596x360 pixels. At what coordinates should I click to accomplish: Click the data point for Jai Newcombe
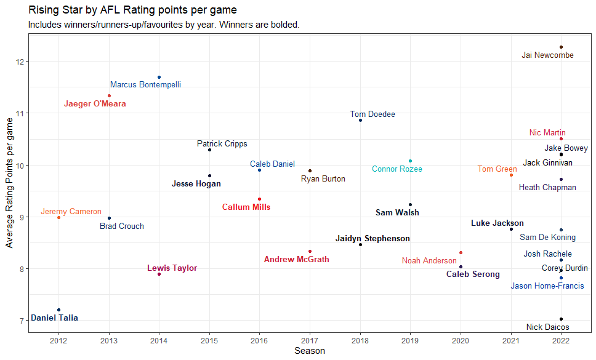pyautogui.click(x=561, y=47)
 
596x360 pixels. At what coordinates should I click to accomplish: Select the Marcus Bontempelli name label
pyautogui.click(x=145, y=85)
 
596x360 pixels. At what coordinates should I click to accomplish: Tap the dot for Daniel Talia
pyautogui.click(x=58, y=310)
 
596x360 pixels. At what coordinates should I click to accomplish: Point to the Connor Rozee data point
pyautogui.click(x=411, y=161)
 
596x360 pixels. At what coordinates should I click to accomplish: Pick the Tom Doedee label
pyautogui.click(x=372, y=114)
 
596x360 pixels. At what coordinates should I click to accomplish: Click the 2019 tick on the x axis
pyautogui.click(x=411, y=340)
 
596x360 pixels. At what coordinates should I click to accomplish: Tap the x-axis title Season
pyautogui.click(x=309, y=351)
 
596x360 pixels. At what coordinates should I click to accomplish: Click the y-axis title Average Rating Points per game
pyautogui.click(x=9, y=182)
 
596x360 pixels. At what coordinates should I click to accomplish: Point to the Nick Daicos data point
pyautogui.click(x=561, y=319)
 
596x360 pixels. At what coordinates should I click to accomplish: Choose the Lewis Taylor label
pyautogui.click(x=172, y=268)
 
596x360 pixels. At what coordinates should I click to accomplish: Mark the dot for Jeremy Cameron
pyautogui.click(x=58, y=217)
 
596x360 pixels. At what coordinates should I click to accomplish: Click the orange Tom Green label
pyautogui.click(x=497, y=169)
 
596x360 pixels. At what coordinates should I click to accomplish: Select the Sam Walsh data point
pyautogui.click(x=411, y=204)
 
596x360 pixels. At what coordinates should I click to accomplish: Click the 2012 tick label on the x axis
pyautogui.click(x=58, y=340)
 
